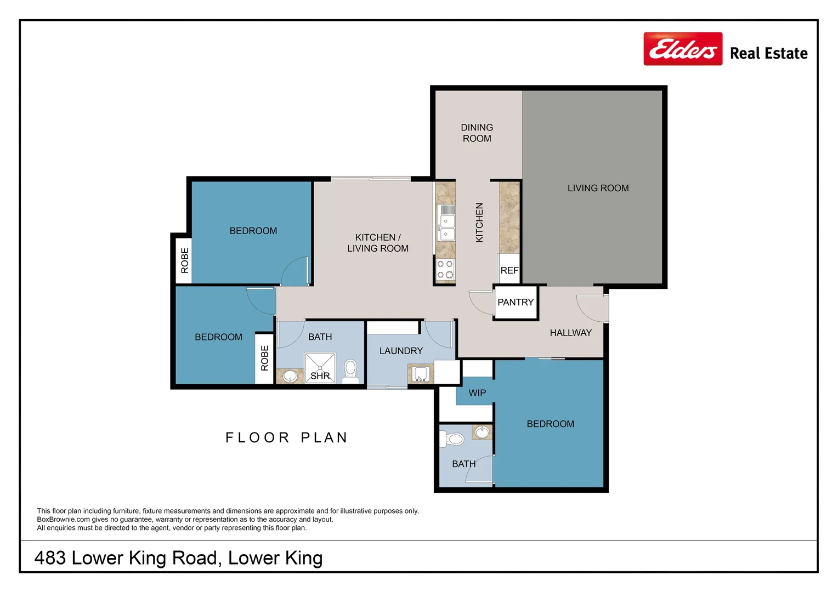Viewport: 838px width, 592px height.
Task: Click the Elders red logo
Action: tap(683, 49)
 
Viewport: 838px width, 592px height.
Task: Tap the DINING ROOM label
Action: tap(477, 133)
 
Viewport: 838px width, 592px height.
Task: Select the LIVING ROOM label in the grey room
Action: tap(598, 188)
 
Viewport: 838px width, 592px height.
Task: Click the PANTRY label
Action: tap(516, 302)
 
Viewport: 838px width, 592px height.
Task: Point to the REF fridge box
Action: tap(509, 269)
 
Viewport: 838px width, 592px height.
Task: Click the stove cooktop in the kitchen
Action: tap(445, 269)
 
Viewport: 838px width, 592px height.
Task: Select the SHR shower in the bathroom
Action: tap(320, 368)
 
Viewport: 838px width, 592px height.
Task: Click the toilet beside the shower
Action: tap(350, 371)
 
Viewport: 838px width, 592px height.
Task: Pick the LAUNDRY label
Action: tap(401, 351)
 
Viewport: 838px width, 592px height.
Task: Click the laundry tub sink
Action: tap(421, 374)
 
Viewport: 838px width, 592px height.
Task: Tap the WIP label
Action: tap(477, 393)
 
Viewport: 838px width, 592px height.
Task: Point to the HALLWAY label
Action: tap(570, 333)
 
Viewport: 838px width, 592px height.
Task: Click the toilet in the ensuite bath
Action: tap(452, 439)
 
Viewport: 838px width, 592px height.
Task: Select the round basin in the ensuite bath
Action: tap(482, 432)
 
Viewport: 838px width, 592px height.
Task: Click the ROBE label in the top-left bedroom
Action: tap(185, 260)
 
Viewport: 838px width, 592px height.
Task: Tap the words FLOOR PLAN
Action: tap(287, 437)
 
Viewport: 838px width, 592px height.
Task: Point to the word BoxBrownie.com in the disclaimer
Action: tap(63, 520)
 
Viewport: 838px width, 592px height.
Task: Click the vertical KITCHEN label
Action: tap(479, 223)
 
